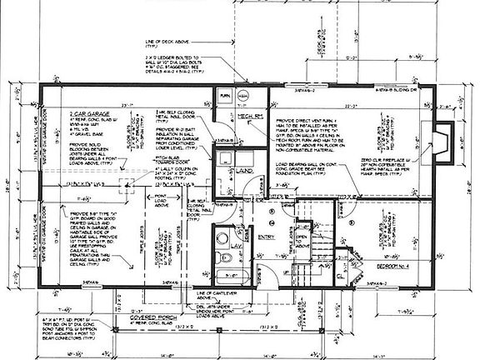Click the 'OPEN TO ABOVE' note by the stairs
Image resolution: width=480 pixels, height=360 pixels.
(x=302, y=242)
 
